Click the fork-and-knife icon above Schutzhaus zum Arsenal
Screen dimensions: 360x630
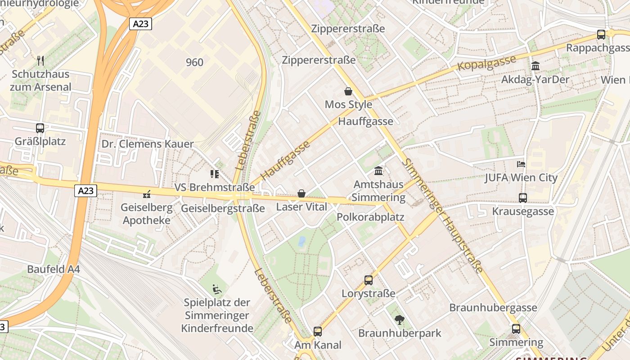(x=40, y=60)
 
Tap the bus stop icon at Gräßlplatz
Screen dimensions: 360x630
(x=40, y=128)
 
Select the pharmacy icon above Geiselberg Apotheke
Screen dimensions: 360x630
(x=146, y=194)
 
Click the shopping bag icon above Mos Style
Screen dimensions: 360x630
(x=348, y=91)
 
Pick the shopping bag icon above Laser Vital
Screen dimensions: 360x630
(x=301, y=193)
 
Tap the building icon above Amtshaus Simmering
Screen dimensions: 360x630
(x=378, y=171)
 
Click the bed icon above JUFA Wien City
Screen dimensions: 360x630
(x=521, y=164)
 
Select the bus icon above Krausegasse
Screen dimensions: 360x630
(x=522, y=198)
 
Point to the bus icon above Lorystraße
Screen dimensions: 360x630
(x=368, y=280)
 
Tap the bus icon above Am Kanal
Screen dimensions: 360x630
(x=318, y=332)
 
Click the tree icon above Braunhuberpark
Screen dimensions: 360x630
(x=399, y=320)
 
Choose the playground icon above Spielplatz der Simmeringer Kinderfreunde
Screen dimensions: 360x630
(x=217, y=288)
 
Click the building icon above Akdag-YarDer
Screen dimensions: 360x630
(x=535, y=66)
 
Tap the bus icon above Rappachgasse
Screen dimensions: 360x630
(x=601, y=35)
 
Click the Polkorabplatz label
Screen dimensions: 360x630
(x=370, y=217)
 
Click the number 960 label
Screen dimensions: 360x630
(x=194, y=62)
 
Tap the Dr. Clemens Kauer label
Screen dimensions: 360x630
(x=148, y=144)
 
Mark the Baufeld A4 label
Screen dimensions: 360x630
(x=54, y=269)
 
